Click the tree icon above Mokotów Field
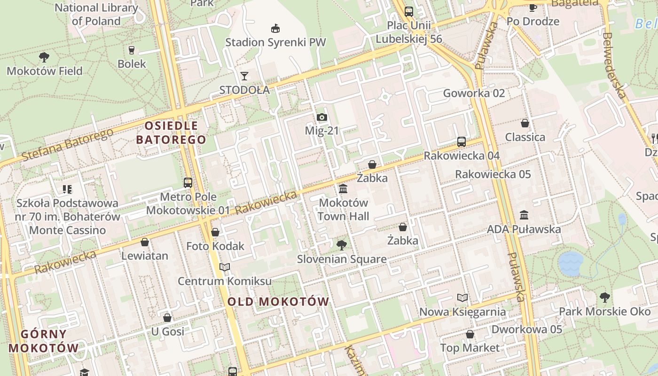click(44, 57)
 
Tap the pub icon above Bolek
click(132, 50)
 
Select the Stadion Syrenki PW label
click(275, 42)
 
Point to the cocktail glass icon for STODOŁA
click(244, 76)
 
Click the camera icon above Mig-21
click(321, 117)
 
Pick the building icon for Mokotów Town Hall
click(343, 189)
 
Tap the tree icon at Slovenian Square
click(342, 245)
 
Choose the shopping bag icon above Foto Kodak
click(215, 232)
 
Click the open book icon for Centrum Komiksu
click(225, 267)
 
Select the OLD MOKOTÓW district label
click(278, 302)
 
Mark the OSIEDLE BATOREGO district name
click(171, 133)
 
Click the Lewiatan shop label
click(145, 256)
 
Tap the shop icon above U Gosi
click(167, 318)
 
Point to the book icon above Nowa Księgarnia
click(462, 298)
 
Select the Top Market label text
click(470, 348)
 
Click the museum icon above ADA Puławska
click(524, 215)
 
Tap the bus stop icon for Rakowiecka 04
click(462, 141)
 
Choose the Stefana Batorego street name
click(68, 144)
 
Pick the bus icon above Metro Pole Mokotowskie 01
click(188, 182)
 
